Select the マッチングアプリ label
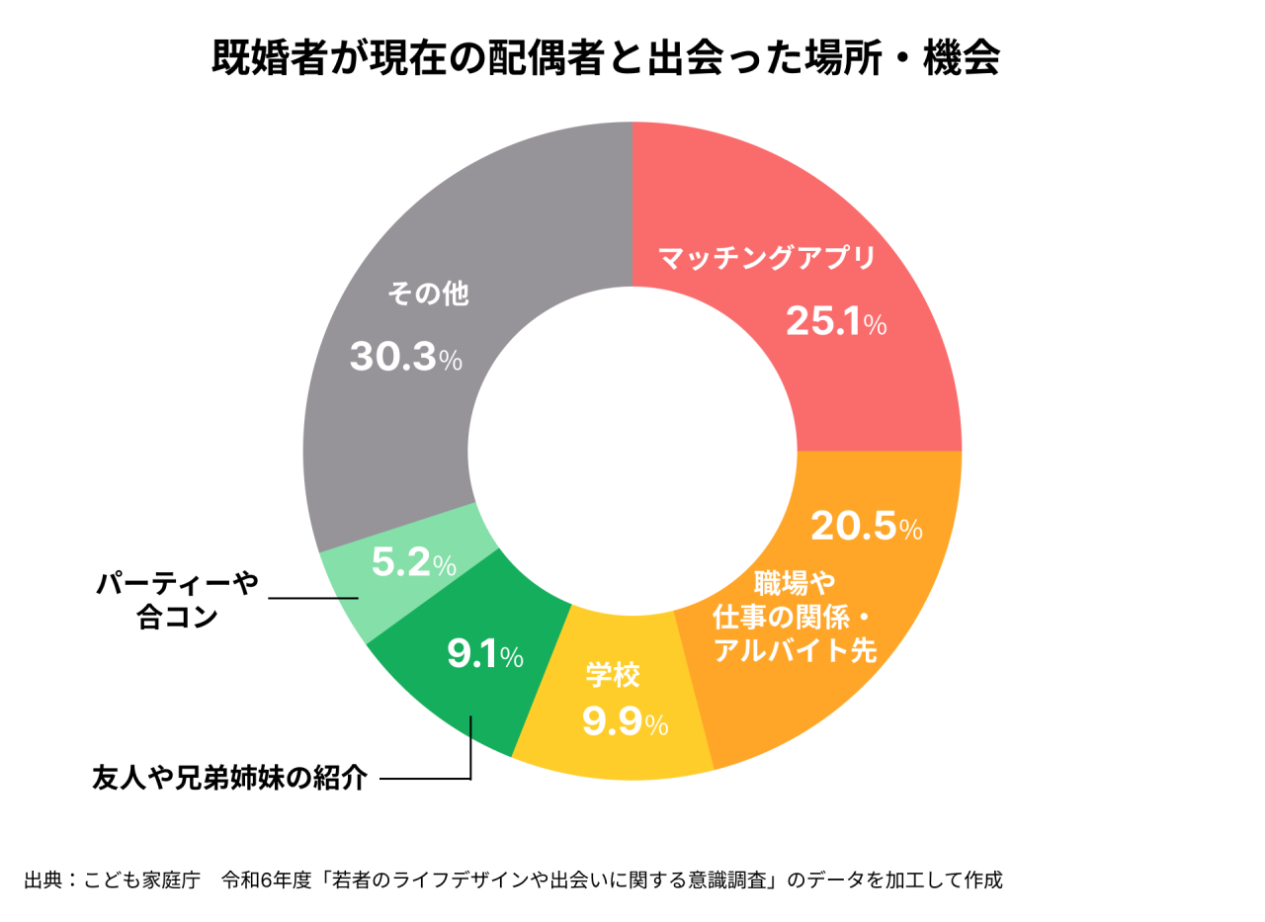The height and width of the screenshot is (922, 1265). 767,260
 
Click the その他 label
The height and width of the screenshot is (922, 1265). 428,294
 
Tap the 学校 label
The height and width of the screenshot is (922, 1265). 613,675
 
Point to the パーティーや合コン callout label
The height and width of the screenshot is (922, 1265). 176,601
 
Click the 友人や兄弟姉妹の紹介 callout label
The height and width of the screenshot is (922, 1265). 229,779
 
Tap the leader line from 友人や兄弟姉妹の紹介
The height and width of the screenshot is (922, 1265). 425,779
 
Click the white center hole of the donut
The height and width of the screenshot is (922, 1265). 632,452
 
